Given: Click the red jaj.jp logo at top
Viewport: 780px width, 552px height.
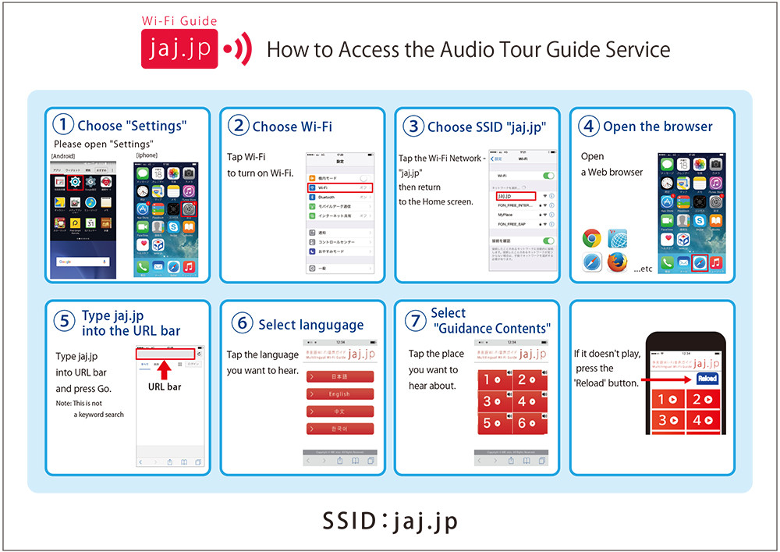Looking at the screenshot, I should pyautogui.click(x=179, y=49).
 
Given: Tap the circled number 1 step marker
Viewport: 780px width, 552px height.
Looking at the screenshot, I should pyautogui.click(x=63, y=125).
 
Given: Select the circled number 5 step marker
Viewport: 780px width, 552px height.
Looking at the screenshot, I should pyautogui.click(x=63, y=322).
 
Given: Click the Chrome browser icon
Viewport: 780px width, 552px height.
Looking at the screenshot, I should pyautogui.click(x=592, y=239).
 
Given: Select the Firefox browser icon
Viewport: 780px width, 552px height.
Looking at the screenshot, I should pyautogui.click(x=618, y=264).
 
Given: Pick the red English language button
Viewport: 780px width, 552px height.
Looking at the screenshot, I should pyautogui.click(x=339, y=394).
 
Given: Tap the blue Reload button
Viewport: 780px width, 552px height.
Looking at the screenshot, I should pyautogui.click(x=707, y=379).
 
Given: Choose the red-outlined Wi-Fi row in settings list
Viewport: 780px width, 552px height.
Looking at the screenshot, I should pyautogui.click(x=340, y=188).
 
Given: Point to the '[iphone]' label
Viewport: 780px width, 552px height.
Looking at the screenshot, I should pyautogui.click(x=147, y=155).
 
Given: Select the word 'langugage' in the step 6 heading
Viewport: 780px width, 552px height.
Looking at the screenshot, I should pyautogui.click(x=333, y=325).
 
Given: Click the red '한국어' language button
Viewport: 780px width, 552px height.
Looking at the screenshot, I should pyautogui.click(x=339, y=429).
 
